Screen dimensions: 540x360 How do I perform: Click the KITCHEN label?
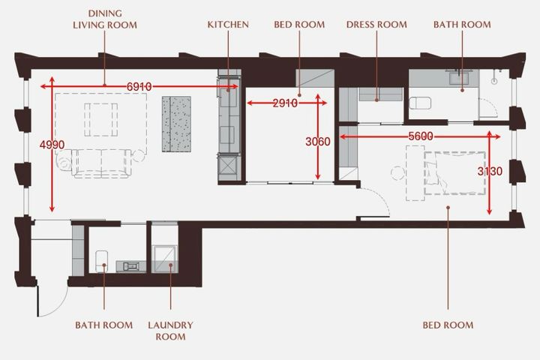[x=228, y=25]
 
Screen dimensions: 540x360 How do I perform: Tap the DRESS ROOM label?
[x=376, y=25]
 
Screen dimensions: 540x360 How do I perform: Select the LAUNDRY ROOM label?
[x=170, y=331]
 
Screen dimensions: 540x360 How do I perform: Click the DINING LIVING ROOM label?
[x=105, y=19]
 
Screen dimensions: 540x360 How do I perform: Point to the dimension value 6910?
[x=139, y=87]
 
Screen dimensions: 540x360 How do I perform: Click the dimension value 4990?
[x=52, y=145]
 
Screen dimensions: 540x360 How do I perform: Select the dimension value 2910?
[x=285, y=103]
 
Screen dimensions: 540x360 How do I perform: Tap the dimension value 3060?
[x=318, y=142]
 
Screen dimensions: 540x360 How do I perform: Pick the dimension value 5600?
[x=421, y=136]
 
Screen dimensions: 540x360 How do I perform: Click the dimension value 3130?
[x=490, y=171]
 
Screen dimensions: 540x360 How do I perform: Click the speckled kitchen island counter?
[x=176, y=124]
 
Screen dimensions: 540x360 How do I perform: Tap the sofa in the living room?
[x=101, y=163]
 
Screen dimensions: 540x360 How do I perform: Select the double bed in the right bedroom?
[x=455, y=173]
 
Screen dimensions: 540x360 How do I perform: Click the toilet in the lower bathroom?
[x=101, y=261]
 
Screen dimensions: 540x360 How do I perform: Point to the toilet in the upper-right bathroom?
[x=420, y=103]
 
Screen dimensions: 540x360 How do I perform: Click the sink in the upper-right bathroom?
[x=459, y=78]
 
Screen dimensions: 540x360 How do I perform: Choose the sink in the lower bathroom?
[x=131, y=266]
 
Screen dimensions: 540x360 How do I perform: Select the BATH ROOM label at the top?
[x=462, y=25]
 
